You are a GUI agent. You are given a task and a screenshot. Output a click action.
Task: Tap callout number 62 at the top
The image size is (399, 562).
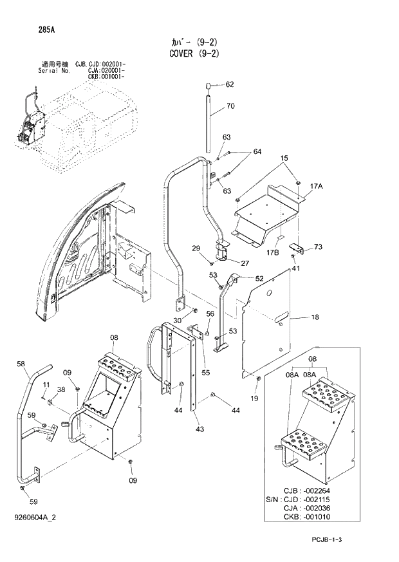point(230,84)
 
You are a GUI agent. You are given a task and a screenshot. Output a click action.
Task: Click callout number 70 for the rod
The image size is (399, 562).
point(230,106)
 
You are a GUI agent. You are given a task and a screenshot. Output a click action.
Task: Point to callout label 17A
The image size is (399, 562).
point(315,186)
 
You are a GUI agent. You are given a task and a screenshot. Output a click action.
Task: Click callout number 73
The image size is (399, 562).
point(317,247)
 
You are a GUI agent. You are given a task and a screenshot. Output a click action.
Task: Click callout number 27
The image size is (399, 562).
point(245,263)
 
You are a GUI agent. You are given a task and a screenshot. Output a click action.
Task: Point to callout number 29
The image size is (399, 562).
point(196,248)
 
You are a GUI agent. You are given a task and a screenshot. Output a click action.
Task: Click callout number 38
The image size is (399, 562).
point(60,389)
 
